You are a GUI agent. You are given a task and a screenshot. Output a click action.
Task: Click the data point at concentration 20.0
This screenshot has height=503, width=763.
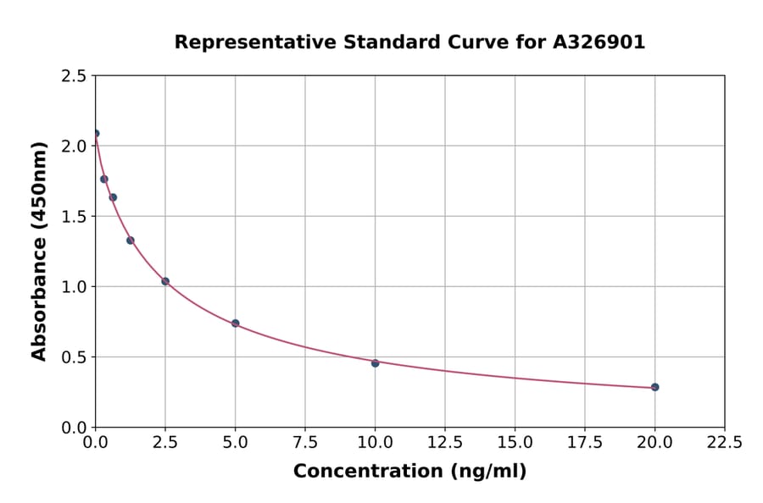[654, 387]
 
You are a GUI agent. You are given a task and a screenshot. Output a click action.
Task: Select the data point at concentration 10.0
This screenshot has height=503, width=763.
[375, 363]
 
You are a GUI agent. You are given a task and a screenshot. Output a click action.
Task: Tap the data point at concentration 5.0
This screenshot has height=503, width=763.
[235, 323]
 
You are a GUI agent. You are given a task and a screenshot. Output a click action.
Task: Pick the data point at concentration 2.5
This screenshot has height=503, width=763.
[165, 281]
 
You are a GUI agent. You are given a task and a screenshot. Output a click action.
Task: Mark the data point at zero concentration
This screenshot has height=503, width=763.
[96, 133]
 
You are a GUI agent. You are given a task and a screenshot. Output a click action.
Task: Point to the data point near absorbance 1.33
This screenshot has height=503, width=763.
[131, 240]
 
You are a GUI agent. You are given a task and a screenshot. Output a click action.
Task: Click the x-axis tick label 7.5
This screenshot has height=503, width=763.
[305, 442]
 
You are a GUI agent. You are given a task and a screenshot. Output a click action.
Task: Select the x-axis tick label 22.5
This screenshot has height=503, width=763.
[724, 442]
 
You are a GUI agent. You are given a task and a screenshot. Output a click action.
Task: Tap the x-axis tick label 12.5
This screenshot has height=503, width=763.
[444, 442]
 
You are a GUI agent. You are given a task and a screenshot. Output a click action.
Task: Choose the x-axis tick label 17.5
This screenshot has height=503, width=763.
[584, 442]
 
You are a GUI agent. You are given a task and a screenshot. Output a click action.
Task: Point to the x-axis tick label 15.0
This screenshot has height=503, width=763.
[515, 442]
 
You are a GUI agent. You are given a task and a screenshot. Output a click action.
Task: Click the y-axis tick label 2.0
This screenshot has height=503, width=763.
[75, 146]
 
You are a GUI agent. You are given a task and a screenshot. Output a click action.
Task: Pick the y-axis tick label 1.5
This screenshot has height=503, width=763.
[75, 216]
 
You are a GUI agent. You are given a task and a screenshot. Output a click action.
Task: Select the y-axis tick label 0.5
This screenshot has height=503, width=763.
[75, 357]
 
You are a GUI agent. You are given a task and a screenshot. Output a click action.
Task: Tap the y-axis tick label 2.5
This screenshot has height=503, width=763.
[75, 76]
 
